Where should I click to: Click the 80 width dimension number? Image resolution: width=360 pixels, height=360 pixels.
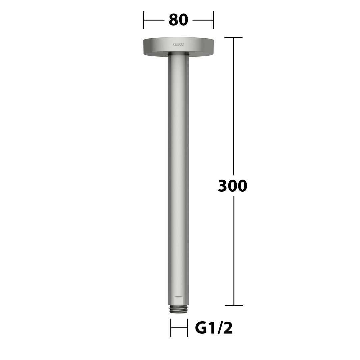click(x=178, y=20)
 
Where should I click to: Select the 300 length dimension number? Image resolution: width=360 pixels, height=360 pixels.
click(x=232, y=186)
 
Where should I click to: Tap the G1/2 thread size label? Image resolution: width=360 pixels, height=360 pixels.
click(x=214, y=328)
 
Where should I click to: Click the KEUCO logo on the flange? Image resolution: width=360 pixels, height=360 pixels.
click(x=178, y=44)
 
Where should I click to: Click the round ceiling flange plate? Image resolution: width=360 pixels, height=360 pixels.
click(x=178, y=47)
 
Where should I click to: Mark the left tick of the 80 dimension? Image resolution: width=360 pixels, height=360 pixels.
click(x=144, y=20)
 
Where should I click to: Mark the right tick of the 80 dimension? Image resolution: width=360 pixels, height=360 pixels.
click(x=213, y=20)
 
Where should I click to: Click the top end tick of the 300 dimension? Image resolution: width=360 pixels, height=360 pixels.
click(x=233, y=37)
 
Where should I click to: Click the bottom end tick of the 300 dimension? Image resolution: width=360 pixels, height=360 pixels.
click(x=234, y=306)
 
